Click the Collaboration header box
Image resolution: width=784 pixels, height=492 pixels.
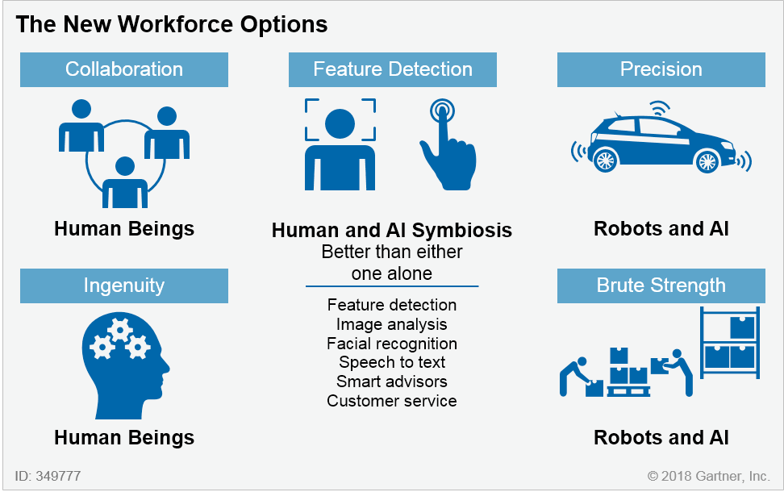coord(124,69)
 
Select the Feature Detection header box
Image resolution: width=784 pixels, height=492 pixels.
coord(393,69)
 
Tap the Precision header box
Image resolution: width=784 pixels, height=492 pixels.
coord(661,69)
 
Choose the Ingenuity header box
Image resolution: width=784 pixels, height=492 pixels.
coord(124,286)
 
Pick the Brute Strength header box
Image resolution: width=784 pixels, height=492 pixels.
coord(661,286)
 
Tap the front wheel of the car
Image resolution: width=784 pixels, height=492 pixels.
coord(707,161)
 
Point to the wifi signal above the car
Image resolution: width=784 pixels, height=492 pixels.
coord(660,108)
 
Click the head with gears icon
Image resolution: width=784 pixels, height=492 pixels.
coord(125,365)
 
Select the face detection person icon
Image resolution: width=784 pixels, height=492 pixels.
coord(340,144)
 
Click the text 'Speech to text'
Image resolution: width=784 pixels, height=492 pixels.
coord(392,362)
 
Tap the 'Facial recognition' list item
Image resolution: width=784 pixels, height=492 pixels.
coord(392,344)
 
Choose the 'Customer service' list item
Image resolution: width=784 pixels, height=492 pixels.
coord(392,401)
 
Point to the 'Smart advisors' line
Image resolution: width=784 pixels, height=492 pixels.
coord(392,382)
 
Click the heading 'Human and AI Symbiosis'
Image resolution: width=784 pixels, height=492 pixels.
coord(392,231)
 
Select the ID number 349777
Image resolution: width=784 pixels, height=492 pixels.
coord(59,476)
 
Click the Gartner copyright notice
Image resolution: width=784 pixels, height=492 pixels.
coord(708,476)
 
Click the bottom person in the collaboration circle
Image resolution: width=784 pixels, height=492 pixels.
coord(125,183)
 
